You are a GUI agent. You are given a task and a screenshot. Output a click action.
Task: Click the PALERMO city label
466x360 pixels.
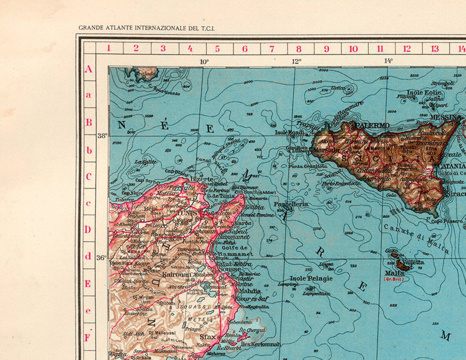coord(372,125)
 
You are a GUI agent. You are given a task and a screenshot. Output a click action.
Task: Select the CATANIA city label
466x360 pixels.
coord(452,166)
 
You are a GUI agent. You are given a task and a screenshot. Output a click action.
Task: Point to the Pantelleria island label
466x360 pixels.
coord(291,204)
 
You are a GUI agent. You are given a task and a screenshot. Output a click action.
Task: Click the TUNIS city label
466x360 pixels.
coord(186,214)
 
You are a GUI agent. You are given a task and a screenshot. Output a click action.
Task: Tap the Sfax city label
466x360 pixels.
coord(208,337)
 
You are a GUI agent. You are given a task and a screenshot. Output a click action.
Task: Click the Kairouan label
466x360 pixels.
coord(177,275)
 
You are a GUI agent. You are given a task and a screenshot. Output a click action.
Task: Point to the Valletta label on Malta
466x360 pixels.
coord(413,262)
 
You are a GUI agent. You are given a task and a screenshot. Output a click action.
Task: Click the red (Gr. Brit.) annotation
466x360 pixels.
coord(393,279)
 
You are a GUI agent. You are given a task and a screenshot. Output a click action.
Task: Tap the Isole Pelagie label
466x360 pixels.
coord(311,279)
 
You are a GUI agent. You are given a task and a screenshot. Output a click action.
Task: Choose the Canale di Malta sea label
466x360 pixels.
coord(416,239)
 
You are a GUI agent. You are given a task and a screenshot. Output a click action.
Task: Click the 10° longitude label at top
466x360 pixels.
coord(204,62)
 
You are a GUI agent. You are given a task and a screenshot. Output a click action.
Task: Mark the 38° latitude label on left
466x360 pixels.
coord(102,136)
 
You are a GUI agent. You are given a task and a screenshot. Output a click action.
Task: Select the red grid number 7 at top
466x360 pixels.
coord(272,49)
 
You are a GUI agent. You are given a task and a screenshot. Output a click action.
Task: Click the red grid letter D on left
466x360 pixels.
coord(88,230)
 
